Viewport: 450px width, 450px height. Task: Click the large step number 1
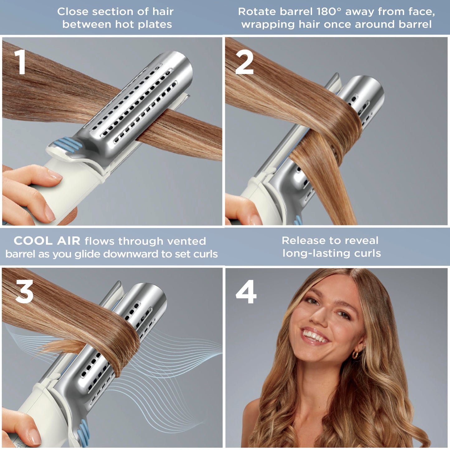(x=21, y=62)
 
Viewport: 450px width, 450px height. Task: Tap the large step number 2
(x=244, y=63)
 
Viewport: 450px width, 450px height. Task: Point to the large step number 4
(x=246, y=292)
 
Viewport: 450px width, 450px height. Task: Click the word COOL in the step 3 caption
(x=33, y=241)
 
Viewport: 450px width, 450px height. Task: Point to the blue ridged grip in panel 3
(x=83, y=433)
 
